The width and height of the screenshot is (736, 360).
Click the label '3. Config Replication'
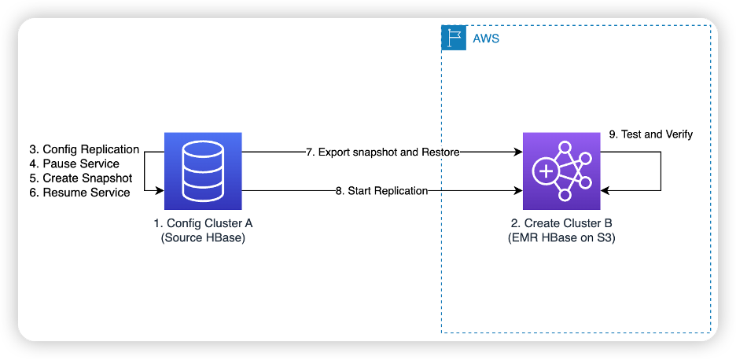pyautogui.click(x=84, y=149)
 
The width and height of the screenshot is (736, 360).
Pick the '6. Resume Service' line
pyautogui.click(x=79, y=193)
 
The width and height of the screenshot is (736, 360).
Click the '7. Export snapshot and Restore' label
pyautogui.click(x=382, y=151)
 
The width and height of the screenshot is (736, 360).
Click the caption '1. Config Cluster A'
pyautogui.click(x=203, y=223)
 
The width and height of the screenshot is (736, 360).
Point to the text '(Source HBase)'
pyautogui.click(x=203, y=237)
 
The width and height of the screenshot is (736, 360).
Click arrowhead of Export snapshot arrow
pyautogui.click(x=518, y=151)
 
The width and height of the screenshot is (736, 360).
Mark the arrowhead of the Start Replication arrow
pyautogui.click(x=518, y=190)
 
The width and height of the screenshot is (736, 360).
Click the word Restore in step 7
pyautogui.click(x=440, y=151)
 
